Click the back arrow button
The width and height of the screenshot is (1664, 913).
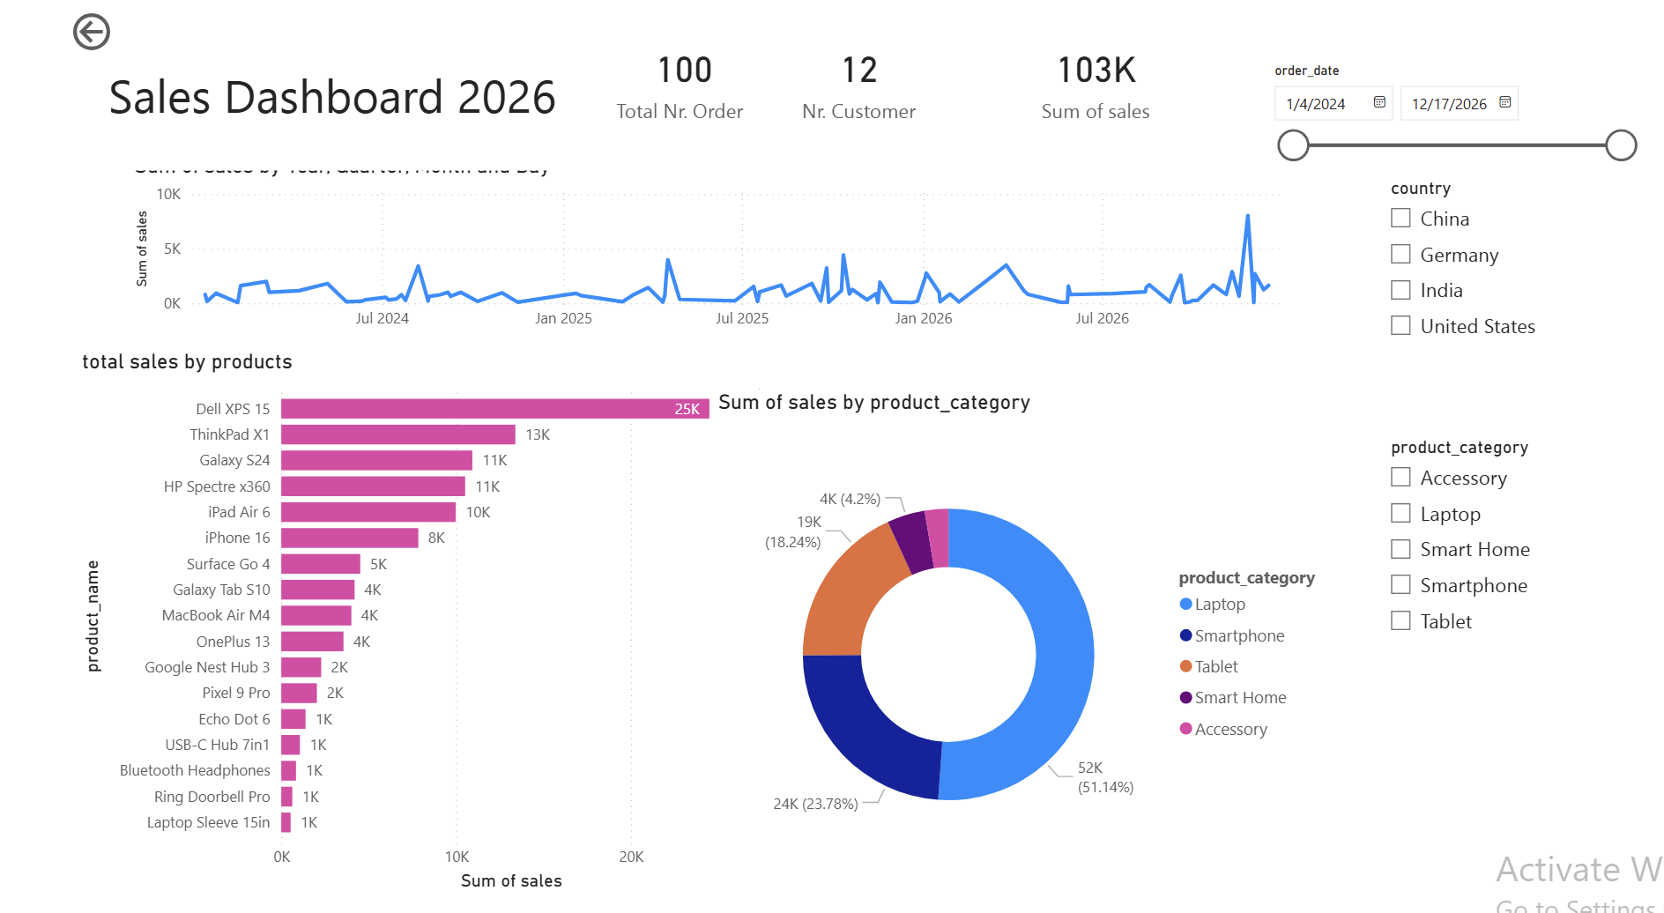(x=92, y=32)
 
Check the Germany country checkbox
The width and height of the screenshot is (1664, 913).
(x=1400, y=255)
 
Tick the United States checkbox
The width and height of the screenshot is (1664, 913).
(x=1400, y=326)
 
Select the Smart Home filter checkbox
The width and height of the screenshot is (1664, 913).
(x=1400, y=550)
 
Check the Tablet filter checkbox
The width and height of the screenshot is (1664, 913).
(x=1400, y=621)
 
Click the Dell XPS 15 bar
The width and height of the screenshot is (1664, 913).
(x=494, y=409)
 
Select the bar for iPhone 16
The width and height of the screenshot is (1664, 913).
(x=349, y=538)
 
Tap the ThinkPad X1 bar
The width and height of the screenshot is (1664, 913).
(x=397, y=434)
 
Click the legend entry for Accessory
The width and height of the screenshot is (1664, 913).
(x=1230, y=729)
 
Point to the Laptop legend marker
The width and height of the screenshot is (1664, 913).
(x=1186, y=604)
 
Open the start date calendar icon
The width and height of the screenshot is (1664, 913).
(x=1379, y=102)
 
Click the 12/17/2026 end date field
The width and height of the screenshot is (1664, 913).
(x=1449, y=104)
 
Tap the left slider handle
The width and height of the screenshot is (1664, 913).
(x=1293, y=145)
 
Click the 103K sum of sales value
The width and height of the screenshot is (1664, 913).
(x=1096, y=71)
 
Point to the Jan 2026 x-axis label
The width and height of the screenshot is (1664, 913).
(x=923, y=318)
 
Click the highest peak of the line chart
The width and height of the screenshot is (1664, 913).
(x=1247, y=216)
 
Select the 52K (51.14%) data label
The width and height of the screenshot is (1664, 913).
(x=1104, y=777)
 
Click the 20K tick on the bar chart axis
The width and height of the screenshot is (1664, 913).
(x=631, y=857)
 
